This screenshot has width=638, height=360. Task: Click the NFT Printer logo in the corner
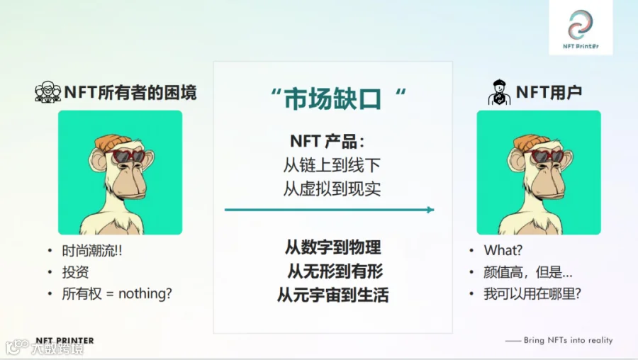click(580, 28)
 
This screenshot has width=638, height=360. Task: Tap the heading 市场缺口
click(333, 99)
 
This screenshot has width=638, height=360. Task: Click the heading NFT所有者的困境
click(130, 92)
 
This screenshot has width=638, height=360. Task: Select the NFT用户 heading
click(549, 92)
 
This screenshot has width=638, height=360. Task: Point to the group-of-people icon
click(47, 92)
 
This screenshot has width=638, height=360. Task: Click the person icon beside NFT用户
click(499, 92)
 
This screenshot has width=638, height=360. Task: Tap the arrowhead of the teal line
click(431, 210)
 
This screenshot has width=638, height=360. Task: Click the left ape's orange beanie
click(113, 142)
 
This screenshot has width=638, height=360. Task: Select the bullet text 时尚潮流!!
click(92, 251)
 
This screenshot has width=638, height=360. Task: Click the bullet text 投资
click(75, 272)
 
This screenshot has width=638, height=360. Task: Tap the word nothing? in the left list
click(145, 293)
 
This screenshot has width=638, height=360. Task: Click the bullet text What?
click(503, 250)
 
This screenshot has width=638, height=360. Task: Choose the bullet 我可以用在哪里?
click(532, 293)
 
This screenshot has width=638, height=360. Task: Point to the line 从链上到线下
click(332, 165)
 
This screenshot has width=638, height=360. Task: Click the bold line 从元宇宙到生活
click(333, 295)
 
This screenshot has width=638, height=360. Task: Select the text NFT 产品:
click(328, 141)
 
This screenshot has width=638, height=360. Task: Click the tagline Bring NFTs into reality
click(568, 340)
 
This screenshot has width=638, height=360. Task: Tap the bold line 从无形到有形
click(335, 271)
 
